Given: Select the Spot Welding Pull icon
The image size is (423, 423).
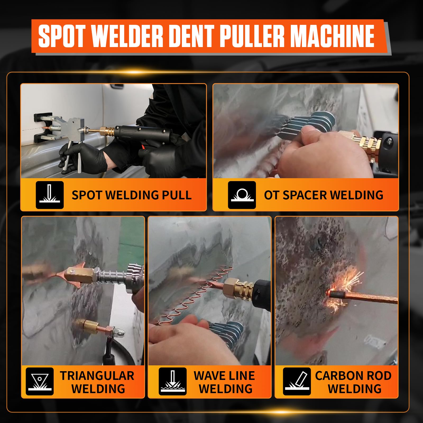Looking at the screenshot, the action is click(x=50, y=195).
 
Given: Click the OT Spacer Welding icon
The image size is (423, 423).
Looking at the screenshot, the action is click(x=242, y=195).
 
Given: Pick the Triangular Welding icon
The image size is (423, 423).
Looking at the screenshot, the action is click(x=40, y=381).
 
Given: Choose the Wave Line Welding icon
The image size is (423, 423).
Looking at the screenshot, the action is click(x=173, y=381).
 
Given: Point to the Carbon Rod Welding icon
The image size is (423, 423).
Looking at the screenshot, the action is click(x=297, y=381).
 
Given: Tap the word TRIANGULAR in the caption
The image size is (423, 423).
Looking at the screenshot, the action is click(x=97, y=376).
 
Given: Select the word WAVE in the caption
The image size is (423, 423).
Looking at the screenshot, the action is click(x=209, y=376).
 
